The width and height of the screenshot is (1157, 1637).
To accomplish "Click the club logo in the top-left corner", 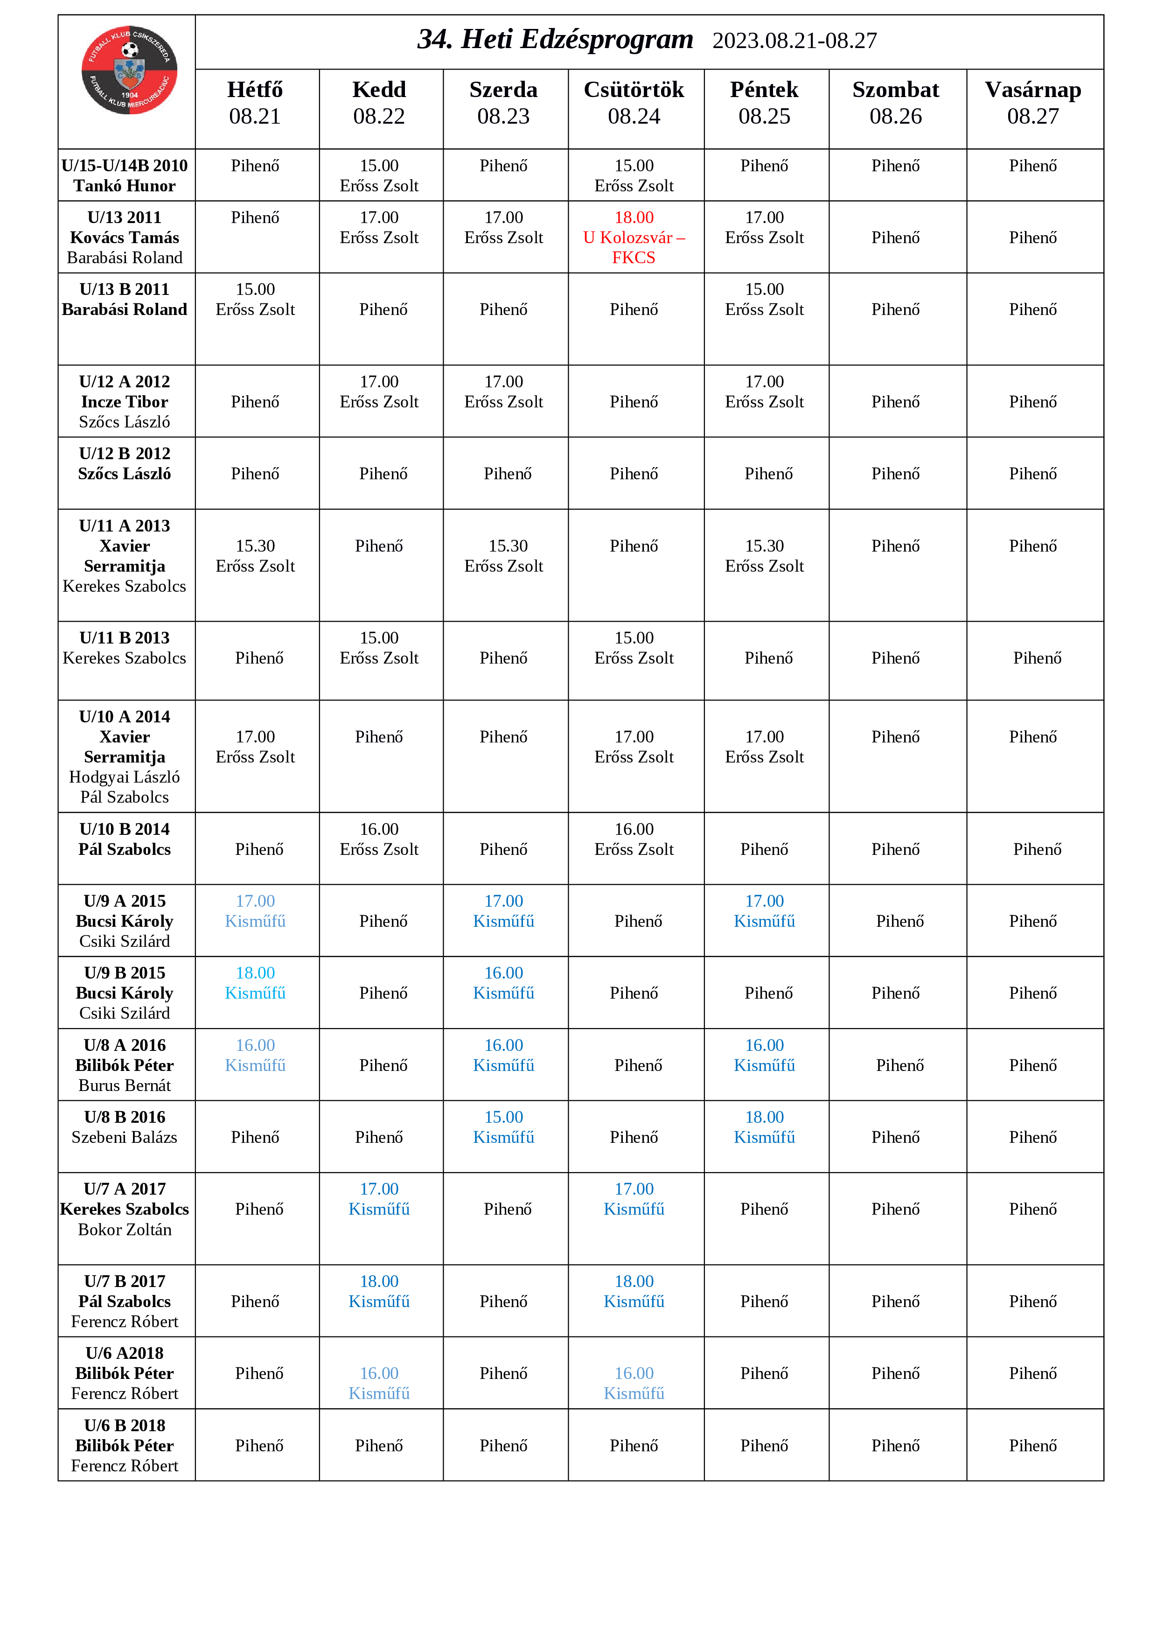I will pos(129,70).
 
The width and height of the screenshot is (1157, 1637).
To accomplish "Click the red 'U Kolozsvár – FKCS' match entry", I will pos(634,238).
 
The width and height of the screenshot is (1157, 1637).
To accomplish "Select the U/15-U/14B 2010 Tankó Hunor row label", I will pos(125,175).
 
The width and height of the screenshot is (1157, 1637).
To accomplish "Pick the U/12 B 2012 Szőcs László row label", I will pos(125,463).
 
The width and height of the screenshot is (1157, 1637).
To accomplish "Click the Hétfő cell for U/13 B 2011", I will pos(255,300).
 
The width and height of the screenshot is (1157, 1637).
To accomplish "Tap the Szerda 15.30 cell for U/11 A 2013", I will pos(504,556).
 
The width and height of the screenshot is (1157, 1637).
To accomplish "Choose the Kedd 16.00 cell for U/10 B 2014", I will pos(379,839).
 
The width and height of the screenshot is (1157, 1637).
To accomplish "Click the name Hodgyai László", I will pos(125,777).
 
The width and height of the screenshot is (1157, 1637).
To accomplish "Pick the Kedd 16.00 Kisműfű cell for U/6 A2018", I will pos(379,1383).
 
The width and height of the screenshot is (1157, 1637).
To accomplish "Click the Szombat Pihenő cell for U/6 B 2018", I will pos(895,1445).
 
